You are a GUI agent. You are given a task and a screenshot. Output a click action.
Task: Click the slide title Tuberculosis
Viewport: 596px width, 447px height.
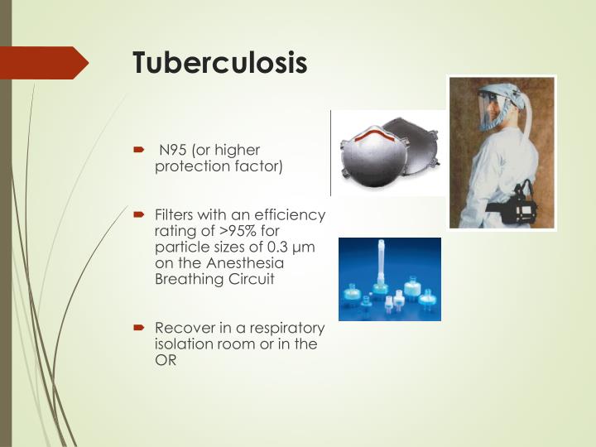click(x=220, y=63)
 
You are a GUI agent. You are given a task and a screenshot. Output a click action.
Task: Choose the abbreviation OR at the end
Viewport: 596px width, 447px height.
click(x=165, y=360)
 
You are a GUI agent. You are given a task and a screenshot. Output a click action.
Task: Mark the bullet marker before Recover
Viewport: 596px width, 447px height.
click(x=140, y=329)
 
